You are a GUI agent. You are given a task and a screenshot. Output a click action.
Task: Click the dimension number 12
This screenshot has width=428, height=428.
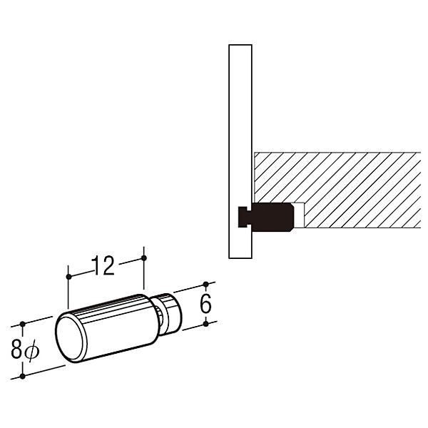pos(103,265)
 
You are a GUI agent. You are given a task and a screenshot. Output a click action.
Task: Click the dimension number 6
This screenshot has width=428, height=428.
pos(206,304)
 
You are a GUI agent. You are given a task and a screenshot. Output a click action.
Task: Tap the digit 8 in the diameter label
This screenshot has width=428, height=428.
pos(16,350)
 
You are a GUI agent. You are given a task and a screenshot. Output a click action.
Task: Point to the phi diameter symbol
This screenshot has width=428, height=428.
pos(32,351)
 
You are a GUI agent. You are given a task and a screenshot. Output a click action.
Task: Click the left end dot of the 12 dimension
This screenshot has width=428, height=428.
pos(68,277)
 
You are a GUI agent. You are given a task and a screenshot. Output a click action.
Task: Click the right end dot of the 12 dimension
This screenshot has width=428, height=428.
pos(144,258)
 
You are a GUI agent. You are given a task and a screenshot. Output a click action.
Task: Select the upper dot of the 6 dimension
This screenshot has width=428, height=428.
pos(206,285)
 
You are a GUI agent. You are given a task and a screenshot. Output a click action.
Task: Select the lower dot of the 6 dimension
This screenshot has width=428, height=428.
pos(206,324)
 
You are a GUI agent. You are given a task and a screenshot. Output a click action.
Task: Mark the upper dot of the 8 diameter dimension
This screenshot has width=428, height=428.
pos(23,325)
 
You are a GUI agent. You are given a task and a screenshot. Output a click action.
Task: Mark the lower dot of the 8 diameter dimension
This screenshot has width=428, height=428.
pos(23,377)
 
